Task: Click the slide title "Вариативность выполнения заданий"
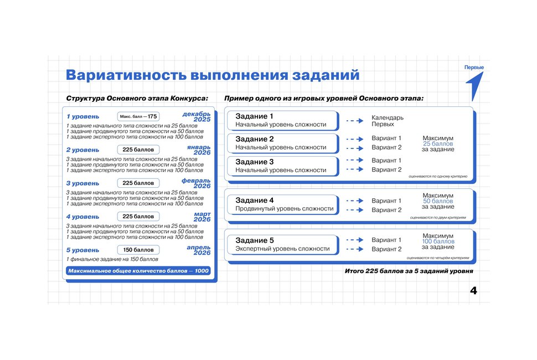tap(212, 75)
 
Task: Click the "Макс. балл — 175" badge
tap(138, 116)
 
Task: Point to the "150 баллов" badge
tap(138, 250)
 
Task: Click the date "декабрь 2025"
tap(197, 117)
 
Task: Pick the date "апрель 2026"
tap(198, 250)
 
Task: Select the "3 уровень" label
tap(83, 183)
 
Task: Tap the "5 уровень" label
tap(83, 250)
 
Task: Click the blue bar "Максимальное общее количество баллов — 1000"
tap(138, 271)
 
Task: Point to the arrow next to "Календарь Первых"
tap(354, 120)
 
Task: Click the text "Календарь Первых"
tap(387, 121)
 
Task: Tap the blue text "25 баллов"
tap(438, 143)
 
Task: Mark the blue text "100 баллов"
tap(438, 241)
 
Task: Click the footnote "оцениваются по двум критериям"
tap(438, 218)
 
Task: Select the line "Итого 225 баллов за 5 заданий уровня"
tap(409, 272)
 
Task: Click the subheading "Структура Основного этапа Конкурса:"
tap(137, 99)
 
